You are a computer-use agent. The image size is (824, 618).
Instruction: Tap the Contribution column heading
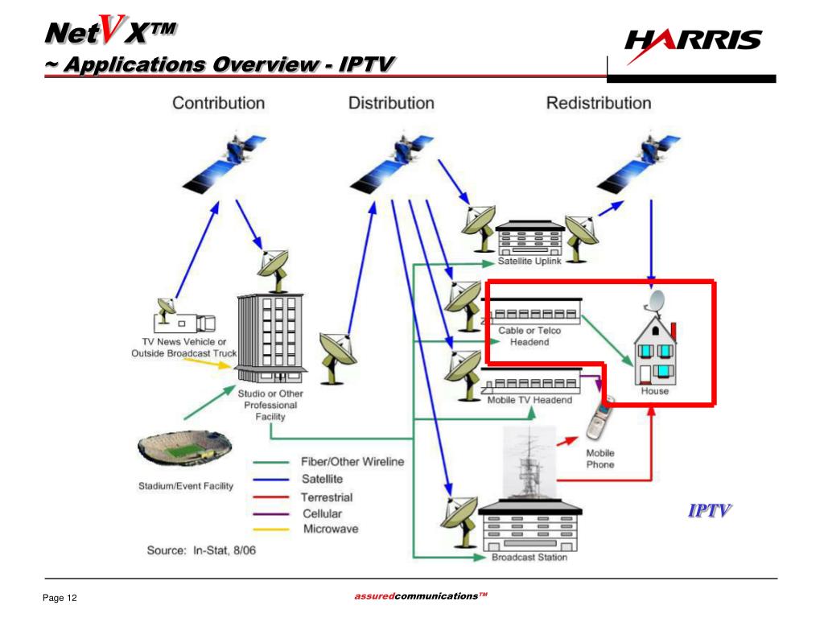pos(218,103)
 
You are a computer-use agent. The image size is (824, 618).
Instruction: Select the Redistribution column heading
pos(599,103)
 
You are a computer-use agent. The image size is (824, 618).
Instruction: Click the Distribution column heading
pos(391,103)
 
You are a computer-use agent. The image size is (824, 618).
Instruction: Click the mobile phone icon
pos(599,419)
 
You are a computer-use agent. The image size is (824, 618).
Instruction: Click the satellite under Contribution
pos(237,158)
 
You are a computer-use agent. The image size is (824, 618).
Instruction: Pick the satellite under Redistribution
pos(649,156)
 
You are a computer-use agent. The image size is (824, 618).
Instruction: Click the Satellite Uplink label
pos(530,261)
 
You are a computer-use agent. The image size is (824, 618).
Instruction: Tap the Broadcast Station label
pos(529,557)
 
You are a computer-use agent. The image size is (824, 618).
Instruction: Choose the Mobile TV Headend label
pos(529,400)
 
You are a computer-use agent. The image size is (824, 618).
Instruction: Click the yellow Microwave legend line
pos(272,529)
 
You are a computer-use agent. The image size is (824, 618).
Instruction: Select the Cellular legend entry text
pos(322,513)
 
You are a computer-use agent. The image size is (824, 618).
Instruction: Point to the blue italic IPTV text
pos(710,510)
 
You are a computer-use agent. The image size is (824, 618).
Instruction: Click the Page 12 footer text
pos(60,598)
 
